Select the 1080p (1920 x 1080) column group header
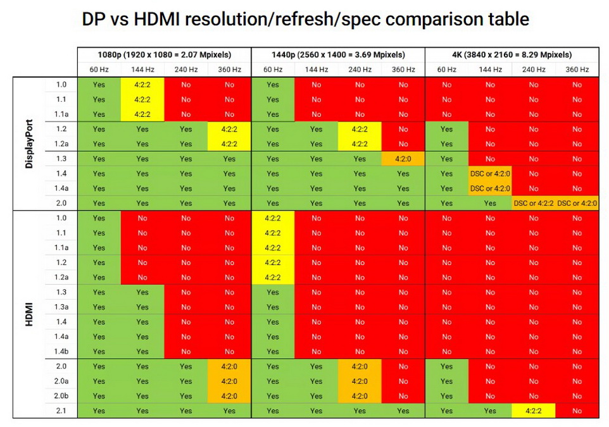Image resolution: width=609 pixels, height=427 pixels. [164, 55]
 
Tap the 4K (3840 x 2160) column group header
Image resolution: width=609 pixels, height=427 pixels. [512, 55]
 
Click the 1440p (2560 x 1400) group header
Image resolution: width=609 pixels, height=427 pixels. [337, 55]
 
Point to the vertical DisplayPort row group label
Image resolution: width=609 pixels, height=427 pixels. [30, 144]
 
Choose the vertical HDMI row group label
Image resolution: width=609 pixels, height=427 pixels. [30, 314]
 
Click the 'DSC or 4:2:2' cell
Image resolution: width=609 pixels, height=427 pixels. [533, 204]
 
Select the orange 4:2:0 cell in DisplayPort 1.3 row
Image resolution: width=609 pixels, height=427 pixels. [403, 159]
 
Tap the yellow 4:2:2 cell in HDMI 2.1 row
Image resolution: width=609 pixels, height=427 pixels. [533, 411]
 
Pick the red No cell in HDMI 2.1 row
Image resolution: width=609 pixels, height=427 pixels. [577, 411]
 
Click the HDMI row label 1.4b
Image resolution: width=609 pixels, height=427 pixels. [61, 352]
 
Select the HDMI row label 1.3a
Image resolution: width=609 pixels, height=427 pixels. [61, 307]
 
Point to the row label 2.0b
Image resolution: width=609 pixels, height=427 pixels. [61, 396]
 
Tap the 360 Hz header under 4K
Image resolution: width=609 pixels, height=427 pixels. [577, 70]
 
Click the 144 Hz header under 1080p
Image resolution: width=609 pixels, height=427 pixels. [142, 70]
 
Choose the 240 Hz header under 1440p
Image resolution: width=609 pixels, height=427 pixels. [360, 70]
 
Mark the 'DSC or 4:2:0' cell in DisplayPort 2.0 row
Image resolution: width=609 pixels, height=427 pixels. [577, 204]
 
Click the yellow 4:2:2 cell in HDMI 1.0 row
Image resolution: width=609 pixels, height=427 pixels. [273, 218]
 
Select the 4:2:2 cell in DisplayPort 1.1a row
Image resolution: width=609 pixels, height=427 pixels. [142, 114]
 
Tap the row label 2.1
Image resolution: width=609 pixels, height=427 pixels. [61, 411]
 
